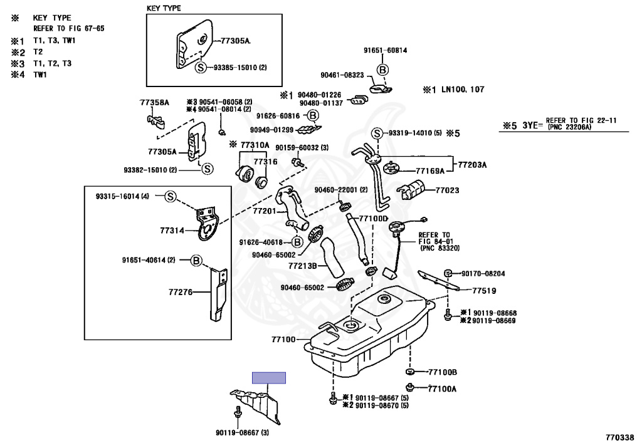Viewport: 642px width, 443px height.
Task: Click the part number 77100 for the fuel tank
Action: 283,340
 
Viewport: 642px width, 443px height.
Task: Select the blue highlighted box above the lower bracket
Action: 269,377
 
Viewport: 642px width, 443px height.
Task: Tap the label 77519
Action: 484,291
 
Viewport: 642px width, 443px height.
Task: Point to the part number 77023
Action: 448,189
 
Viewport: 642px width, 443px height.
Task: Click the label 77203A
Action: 472,165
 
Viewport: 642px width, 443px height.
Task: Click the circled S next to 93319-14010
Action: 377,133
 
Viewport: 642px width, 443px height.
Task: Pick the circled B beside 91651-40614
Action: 196,260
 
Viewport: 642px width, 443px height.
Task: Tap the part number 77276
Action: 181,291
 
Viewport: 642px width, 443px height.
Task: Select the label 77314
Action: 172,231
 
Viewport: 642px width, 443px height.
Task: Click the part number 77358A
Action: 154,102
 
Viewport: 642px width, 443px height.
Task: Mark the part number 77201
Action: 265,211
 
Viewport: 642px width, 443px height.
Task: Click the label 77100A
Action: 442,388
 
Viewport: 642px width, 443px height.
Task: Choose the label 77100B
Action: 442,372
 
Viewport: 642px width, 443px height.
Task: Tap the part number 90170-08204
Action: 483,274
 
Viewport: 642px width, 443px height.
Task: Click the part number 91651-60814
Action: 385,50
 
